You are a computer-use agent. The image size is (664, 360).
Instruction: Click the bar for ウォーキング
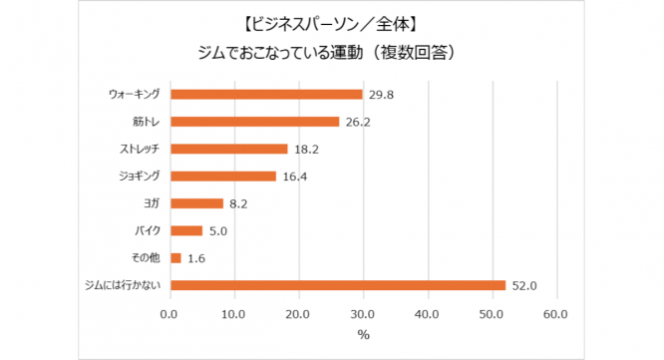click(266, 94)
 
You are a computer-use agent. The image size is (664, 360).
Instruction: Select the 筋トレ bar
click(254, 122)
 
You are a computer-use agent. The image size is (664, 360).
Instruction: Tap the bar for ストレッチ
click(228, 149)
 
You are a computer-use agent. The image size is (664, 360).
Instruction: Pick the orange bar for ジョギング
click(222, 177)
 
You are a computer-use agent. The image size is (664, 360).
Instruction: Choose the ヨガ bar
click(196, 203)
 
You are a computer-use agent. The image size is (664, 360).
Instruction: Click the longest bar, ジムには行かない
click(338, 285)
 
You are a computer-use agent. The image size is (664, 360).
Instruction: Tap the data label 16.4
click(293, 178)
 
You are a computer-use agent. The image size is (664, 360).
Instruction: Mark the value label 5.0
click(219, 231)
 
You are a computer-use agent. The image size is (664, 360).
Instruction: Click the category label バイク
click(149, 231)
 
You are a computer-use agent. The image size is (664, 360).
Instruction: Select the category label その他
click(147, 258)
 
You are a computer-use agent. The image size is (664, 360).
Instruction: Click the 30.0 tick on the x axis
click(363, 315)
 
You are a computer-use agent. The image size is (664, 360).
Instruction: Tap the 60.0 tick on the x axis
click(556, 315)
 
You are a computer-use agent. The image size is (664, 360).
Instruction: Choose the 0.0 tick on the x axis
click(169, 315)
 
